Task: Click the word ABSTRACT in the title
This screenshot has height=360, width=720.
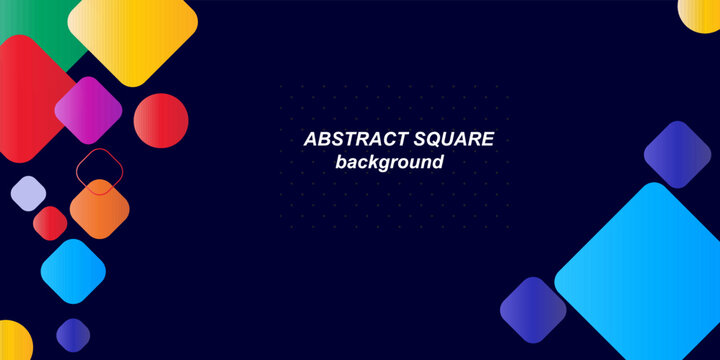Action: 350,140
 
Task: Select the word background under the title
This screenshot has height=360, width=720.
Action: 389,162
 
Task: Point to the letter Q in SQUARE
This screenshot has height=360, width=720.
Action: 432,140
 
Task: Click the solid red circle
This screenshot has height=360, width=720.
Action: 161,120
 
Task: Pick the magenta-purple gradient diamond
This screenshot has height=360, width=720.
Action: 88,109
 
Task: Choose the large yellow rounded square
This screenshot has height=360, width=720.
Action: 133,37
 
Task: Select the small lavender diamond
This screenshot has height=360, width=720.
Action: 28,192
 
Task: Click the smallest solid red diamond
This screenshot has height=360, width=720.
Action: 50,222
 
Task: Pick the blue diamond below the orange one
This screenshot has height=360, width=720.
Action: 73,271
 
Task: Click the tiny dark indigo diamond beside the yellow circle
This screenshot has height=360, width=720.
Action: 73,334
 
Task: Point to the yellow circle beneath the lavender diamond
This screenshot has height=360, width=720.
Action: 12,343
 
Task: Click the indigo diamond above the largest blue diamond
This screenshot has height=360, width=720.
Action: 677,155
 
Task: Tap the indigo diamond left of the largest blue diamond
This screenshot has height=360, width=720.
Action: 533,311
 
